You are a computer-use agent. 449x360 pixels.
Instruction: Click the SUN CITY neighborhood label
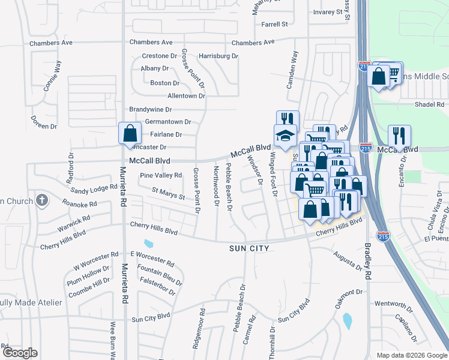[249, 248]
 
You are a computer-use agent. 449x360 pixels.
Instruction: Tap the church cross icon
[41, 199]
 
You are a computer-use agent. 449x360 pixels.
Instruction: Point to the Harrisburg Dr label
[218, 56]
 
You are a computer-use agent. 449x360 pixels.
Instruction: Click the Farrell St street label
[275, 25]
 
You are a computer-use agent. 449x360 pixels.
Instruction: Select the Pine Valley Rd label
[160, 175]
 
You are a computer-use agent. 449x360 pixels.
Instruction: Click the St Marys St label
[168, 193]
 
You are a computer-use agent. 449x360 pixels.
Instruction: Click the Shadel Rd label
[429, 104]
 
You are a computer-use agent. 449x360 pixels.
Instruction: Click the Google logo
[20, 353]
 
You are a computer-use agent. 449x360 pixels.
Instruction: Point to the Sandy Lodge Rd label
[94, 188]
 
